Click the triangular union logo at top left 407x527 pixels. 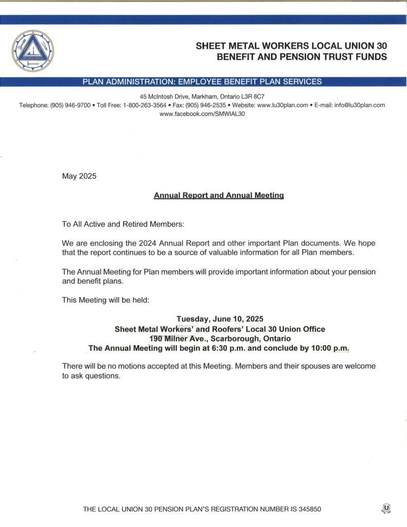tap(32, 50)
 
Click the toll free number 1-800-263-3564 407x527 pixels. tap(145, 105)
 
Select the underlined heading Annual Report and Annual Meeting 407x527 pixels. tap(219, 196)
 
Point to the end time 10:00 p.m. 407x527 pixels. tap(330, 348)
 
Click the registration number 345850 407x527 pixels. tap(306, 510)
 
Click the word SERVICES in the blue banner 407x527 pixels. tap(303, 81)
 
